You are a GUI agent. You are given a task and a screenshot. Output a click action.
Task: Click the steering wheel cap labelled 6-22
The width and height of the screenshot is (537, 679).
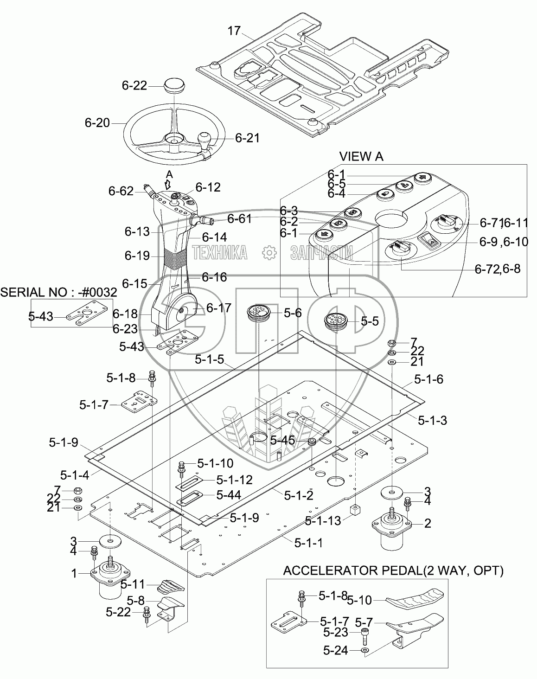point(174,85)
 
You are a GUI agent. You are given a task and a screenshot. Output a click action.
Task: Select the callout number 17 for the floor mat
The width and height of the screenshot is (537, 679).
point(234,31)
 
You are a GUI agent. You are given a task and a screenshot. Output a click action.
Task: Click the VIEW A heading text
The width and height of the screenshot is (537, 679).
point(361,156)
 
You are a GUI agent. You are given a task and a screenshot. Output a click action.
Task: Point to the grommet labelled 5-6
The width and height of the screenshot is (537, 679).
point(258,313)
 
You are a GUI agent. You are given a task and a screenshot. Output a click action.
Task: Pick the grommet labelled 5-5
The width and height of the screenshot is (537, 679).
point(336,321)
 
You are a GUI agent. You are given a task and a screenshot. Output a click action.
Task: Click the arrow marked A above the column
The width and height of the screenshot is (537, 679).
point(169,184)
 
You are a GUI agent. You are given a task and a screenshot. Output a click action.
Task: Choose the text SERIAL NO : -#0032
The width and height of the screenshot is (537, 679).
point(59,293)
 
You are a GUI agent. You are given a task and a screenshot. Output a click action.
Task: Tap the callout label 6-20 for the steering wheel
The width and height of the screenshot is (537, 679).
point(97,123)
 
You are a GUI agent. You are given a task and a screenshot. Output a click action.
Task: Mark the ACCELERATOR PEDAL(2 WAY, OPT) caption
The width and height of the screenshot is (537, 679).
point(393,570)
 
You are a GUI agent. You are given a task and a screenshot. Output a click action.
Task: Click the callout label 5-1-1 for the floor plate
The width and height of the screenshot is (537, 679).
point(308,543)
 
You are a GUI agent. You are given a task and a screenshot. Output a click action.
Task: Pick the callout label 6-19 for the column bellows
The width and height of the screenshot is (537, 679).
point(137,256)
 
